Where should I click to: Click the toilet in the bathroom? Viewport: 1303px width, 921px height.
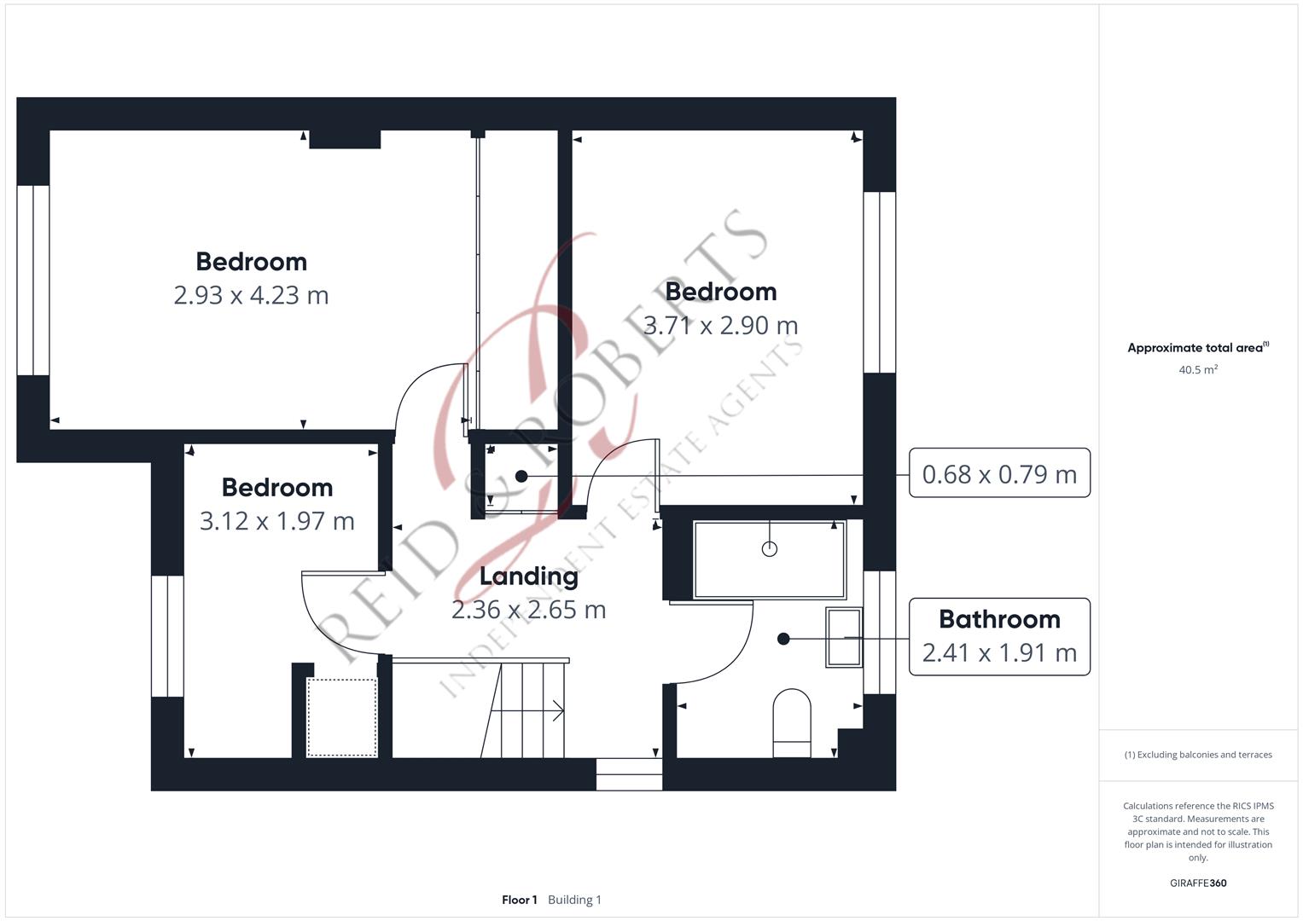pos(792,723)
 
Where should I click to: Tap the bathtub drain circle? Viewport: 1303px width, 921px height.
pos(770,549)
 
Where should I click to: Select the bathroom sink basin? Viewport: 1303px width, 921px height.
pos(844,637)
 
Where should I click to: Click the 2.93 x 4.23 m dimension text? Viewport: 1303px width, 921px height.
pos(251,295)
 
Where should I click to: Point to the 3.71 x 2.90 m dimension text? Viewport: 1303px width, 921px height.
pos(721,326)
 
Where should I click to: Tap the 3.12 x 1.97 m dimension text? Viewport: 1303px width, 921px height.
pos(276,521)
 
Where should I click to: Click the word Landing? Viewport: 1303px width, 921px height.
pos(529,576)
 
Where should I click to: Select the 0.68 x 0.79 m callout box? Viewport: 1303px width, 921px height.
pos(999,472)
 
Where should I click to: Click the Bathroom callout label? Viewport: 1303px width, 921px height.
pos(999,619)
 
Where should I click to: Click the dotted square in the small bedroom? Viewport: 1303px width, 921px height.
pos(342,717)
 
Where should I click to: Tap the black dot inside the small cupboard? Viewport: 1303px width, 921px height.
pos(521,476)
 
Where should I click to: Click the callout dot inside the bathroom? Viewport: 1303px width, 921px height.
pos(783,639)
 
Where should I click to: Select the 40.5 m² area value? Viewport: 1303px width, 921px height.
pos(1198,369)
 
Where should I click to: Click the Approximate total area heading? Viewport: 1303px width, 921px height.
pos(1198,348)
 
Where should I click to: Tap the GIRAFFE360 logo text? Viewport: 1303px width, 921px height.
pos(1198,883)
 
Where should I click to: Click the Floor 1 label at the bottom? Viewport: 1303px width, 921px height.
pos(520,900)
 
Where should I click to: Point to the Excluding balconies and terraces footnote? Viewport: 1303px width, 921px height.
pos(1198,755)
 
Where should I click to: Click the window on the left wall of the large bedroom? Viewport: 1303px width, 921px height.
pos(33,281)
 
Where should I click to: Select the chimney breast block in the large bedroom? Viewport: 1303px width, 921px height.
pos(345,140)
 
